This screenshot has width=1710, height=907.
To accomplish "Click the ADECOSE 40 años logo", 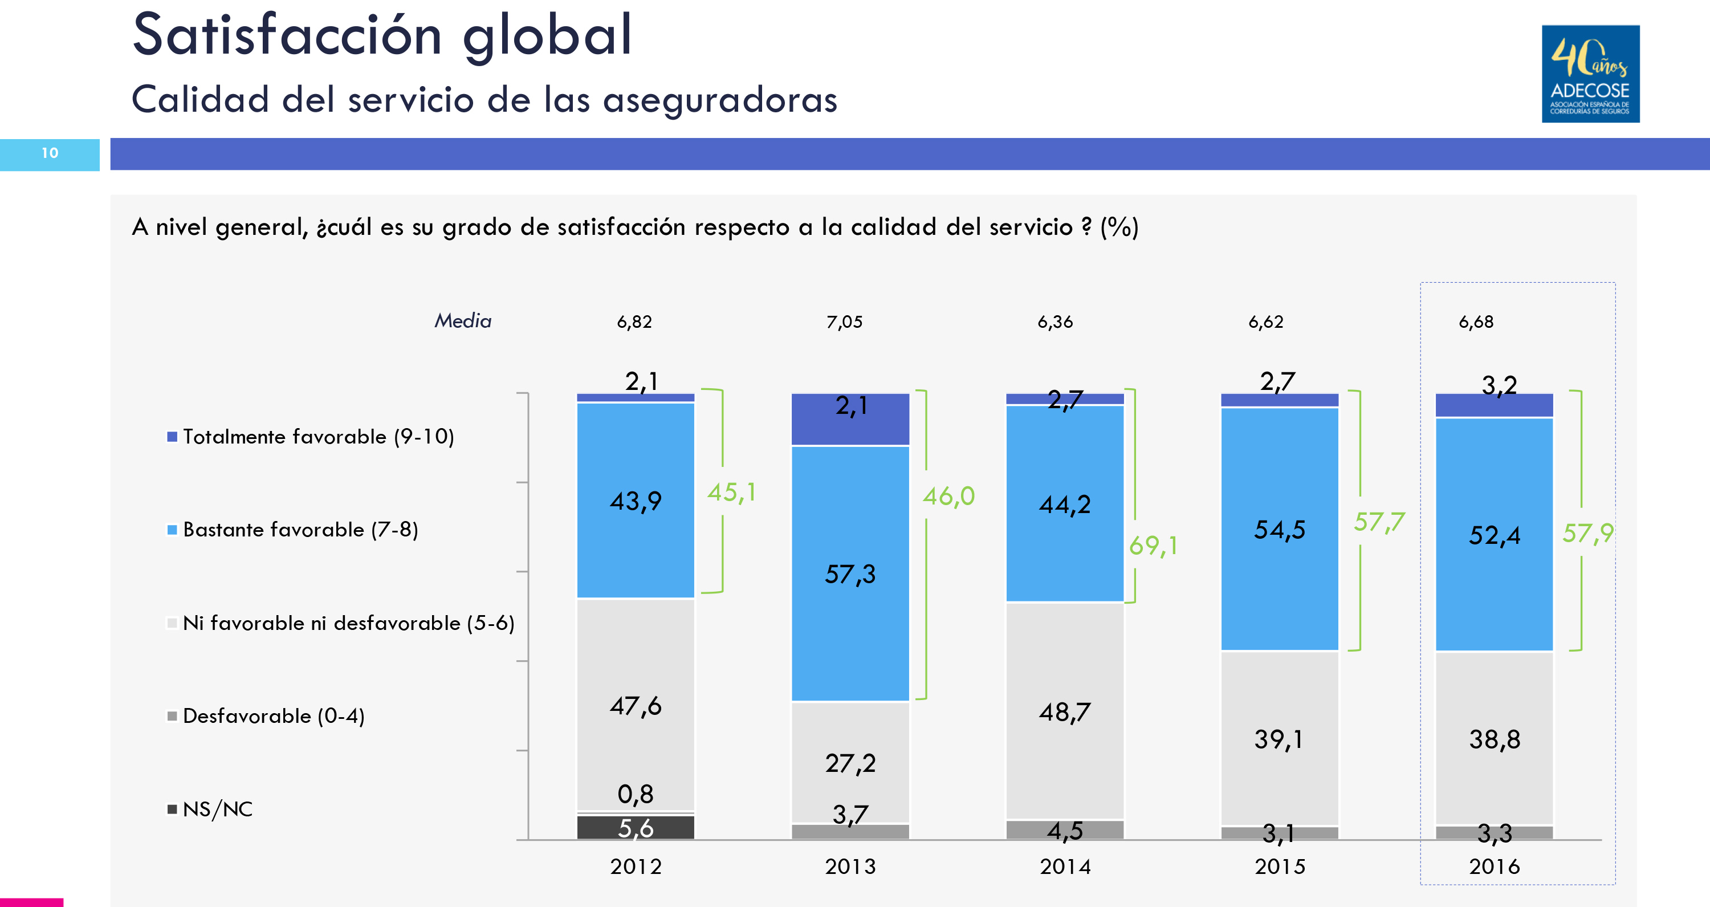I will pos(1590,74).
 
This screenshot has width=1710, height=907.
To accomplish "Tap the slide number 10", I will pos(50,153).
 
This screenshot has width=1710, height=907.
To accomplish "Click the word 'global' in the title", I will pos(547,36).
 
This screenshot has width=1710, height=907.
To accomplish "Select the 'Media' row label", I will pos(463,322).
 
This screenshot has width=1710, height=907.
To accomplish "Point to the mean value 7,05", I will pos(844,322).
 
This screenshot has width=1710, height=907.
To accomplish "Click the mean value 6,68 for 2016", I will pos(1476,322).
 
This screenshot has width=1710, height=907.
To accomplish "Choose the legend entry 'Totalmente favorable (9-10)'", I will pos(318,437).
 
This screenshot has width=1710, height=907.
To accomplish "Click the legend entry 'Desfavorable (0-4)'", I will pos(273,716).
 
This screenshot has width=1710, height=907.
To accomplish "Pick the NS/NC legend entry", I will pos(217,810).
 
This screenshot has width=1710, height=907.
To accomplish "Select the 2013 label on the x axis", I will pos(850,867).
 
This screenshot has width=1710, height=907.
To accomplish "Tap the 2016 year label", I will pos(1495,867).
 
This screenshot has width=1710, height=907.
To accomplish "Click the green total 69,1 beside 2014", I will pos(1153,546).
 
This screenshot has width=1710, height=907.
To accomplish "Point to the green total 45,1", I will pos(731,493).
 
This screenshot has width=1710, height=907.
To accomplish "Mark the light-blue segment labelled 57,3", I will pos(850,574).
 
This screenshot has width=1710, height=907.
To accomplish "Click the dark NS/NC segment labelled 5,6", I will pos(636,828).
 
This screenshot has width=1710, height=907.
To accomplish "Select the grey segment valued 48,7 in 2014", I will pos(1065,712).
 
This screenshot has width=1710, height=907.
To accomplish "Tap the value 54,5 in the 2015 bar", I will pos(1279,529).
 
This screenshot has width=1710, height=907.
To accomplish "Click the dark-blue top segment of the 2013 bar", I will pos(850,419).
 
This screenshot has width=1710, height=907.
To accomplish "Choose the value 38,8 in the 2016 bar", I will pos(1495,739).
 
